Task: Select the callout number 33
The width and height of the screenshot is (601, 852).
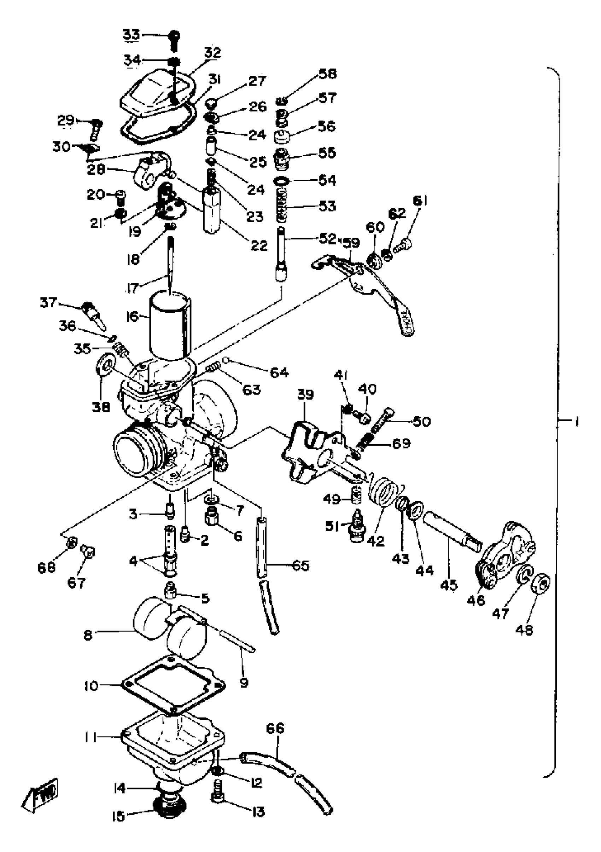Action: [131, 35]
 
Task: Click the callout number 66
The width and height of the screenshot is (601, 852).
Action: [275, 729]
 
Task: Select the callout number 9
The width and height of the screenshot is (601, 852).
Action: [244, 683]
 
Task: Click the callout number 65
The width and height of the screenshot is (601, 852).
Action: [301, 566]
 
